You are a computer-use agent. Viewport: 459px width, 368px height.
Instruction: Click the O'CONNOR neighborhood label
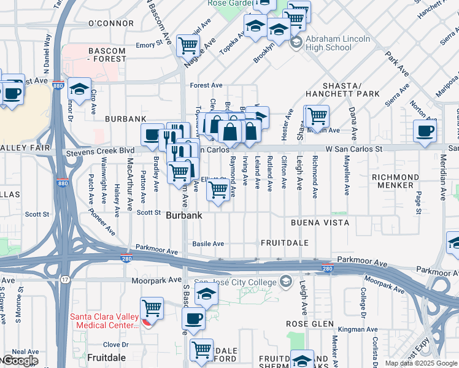tap(111, 23)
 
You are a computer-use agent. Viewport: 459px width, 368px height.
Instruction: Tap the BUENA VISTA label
tap(320, 223)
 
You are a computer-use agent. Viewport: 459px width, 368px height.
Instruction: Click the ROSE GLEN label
tap(310, 323)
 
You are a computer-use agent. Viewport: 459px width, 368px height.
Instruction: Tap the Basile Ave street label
tap(209, 243)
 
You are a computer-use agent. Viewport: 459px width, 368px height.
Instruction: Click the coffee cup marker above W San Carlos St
tap(425, 130)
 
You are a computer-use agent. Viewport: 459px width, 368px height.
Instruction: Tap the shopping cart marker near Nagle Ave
tap(188, 45)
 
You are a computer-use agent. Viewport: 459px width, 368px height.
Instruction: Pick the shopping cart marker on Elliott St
tap(218, 190)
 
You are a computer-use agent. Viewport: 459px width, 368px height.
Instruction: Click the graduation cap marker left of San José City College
tap(207, 294)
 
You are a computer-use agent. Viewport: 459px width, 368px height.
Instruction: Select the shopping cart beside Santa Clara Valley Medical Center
tap(152, 307)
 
